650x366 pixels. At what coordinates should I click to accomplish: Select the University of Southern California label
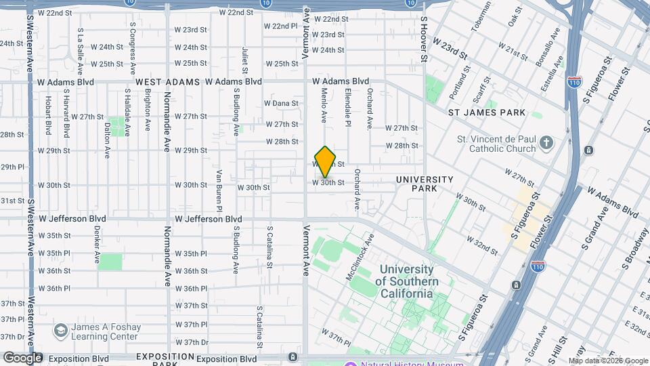406,281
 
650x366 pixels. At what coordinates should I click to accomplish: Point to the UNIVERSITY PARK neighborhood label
425,184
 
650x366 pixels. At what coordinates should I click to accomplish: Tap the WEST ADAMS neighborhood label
167,81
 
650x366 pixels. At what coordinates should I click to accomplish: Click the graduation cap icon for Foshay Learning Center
61,331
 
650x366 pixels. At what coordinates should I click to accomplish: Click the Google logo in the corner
22,358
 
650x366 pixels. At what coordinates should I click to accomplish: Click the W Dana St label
281,103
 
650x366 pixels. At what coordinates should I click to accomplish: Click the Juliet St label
245,58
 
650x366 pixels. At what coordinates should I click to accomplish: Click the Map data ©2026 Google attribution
607,361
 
